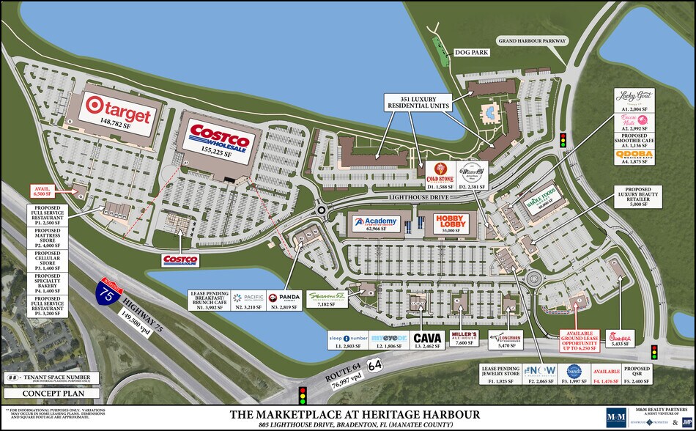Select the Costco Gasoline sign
(x=180, y=259)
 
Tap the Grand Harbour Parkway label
(x=532, y=40)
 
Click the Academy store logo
(x=376, y=221)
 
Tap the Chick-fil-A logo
(x=610, y=339)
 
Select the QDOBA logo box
(x=634, y=156)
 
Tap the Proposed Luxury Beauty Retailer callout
(x=632, y=196)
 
